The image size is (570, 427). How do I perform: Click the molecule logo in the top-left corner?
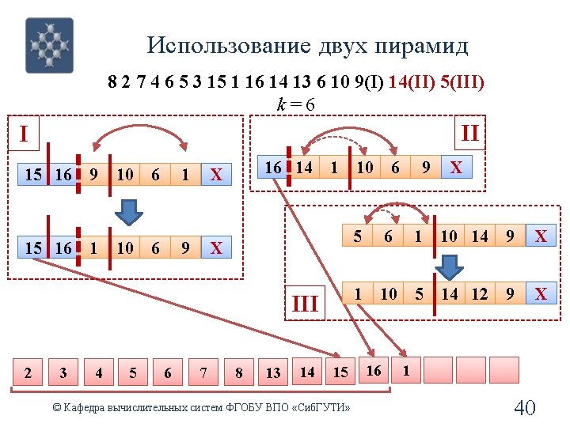[x=49, y=46]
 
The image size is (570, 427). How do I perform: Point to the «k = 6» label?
[x=295, y=104]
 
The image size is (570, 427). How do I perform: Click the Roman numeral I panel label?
[x=24, y=134]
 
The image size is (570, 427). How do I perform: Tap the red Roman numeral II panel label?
[x=469, y=132]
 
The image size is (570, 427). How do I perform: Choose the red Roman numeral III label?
[x=306, y=303]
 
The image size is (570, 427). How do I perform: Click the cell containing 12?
[x=480, y=294]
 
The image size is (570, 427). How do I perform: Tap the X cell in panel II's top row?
[x=456, y=168]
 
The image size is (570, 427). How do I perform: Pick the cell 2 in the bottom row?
[x=28, y=370]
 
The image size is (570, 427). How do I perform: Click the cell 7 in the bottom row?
[x=203, y=370]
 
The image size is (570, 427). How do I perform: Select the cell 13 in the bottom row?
[x=273, y=370]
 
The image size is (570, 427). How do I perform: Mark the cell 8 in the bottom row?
[x=238, y=370]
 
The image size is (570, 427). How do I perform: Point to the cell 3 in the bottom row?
[x=63, y=370]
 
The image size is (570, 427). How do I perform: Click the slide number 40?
[x=525, y=407]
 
